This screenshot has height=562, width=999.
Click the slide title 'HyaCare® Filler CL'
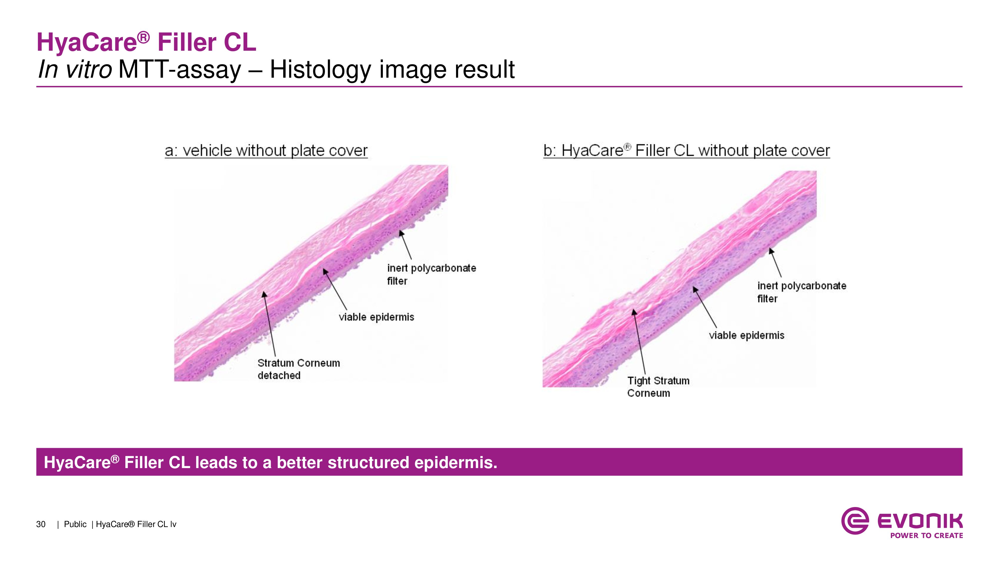(x=146, y=42)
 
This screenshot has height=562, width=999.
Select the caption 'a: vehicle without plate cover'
(x=266, y=150)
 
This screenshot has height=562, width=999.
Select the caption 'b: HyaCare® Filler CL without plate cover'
(x=686, y=150)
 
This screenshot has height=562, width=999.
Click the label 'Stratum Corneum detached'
(x=299, y=369)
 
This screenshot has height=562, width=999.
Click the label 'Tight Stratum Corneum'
(x=658, y=387)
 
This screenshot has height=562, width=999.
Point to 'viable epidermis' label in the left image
(x=376, y=317)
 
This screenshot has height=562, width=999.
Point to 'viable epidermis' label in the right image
(x=747, y=335)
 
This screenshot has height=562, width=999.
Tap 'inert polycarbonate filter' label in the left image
(x=431, y=274)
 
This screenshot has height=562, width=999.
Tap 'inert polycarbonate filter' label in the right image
(x=802, y=292)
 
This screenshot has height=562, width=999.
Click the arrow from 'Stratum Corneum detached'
(x=269, y=324)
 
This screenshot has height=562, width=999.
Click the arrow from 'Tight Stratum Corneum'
(x=639, y=341)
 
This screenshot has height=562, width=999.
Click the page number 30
(x=41, y=524)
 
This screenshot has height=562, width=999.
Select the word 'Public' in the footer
(x=75, y=524)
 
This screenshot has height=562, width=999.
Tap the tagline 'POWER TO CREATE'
(x=927, y=536)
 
